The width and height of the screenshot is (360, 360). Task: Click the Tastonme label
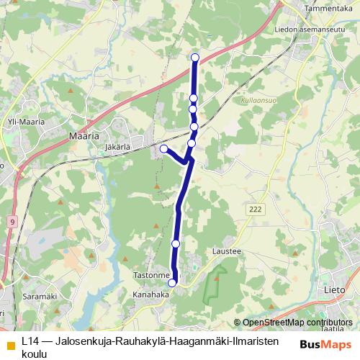pyautogui.click(x=150, y=276)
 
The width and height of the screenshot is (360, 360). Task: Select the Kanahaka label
pyautogui.click(x=150, y=294)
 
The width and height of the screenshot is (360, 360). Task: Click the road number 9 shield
pyautogui.click(x=13, y=222)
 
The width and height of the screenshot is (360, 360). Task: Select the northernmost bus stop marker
pyautogui.click(x=194, y=57)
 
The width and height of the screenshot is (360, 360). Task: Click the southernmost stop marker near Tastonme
pyautogui.click(x=172, y=283)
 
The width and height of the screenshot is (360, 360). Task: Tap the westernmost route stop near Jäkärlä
pyautogui.click(x=163, y=148)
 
